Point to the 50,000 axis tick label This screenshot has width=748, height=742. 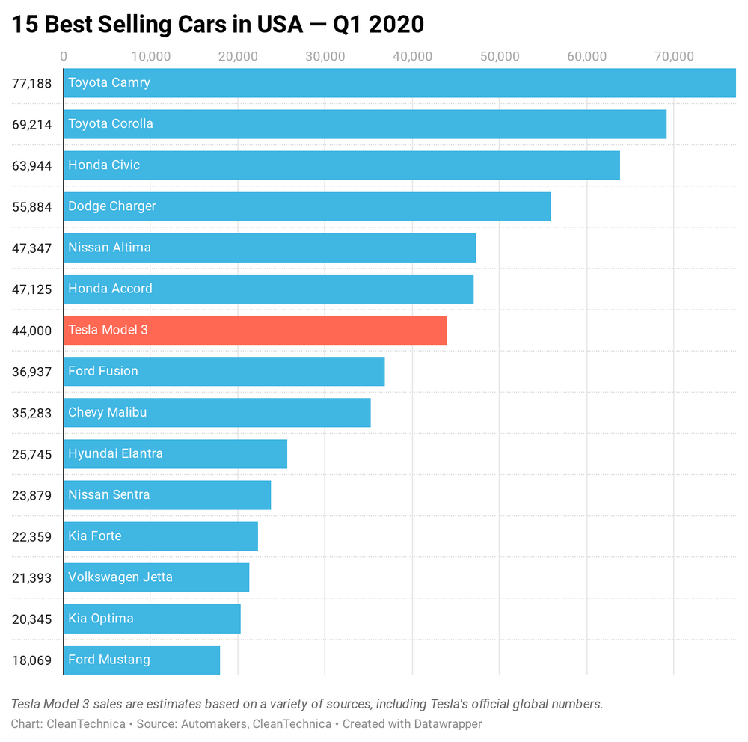coord(499,56)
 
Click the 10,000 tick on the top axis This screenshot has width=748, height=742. coord(151,56)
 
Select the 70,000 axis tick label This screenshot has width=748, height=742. coord(674,56)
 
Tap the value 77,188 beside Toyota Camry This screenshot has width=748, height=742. coord(31,83)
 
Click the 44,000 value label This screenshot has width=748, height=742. coord(31,330)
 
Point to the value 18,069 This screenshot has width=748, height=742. coord(31,660)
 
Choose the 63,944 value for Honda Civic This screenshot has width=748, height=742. coord(31,165)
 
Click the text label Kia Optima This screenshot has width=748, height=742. coord(101,619)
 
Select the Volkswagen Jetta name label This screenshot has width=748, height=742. coord(120,577)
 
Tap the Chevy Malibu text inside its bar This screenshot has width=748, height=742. coord(107,412)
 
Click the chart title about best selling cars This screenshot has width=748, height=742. coord(218,25)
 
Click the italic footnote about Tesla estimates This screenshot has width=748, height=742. coord(307,704)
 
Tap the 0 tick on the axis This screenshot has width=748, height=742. coord(64,56)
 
